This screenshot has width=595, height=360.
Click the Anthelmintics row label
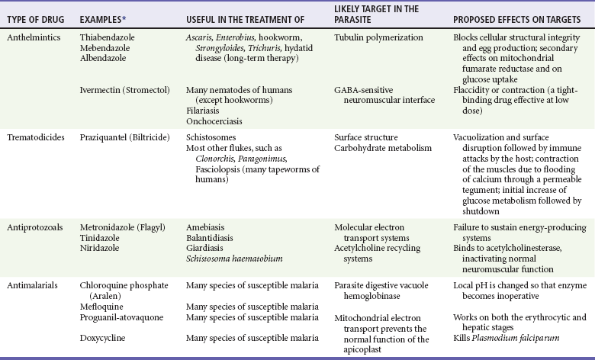coord(31,37)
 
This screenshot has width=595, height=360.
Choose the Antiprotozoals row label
coord(34,227)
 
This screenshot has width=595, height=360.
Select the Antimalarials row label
coord(32,284)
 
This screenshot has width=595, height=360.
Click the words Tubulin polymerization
coord(378,37)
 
